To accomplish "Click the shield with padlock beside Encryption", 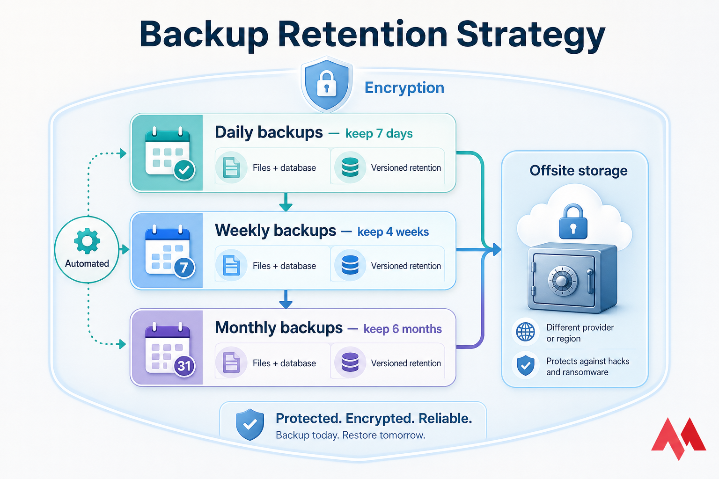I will [x=327, y=84].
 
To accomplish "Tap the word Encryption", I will [x=404, y=88].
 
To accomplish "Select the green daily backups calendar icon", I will [x=168, y=152].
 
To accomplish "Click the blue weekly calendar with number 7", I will [x=168, y=251].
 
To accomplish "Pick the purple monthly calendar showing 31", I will [x=168, y=348].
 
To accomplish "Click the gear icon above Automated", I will [x=87, y=241].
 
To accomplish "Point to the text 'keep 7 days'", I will [x=379, y=134].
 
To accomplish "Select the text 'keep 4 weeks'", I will [x=393, y=232].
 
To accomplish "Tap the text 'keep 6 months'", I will [x=402, y=329].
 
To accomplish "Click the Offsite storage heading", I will [x=579, y=171].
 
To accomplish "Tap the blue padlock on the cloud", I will [x=573, y=222].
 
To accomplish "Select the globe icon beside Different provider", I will [x=525, y=332].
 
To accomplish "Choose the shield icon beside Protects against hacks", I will [x=525, y=366].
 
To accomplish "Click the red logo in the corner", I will [x=678, y=437].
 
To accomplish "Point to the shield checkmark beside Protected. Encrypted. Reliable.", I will [x=250, y=424].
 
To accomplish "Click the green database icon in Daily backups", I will [x=350, y=167].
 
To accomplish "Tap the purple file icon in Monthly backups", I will [x=231, y=363].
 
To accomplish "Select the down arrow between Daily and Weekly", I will [x=286, y=203].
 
